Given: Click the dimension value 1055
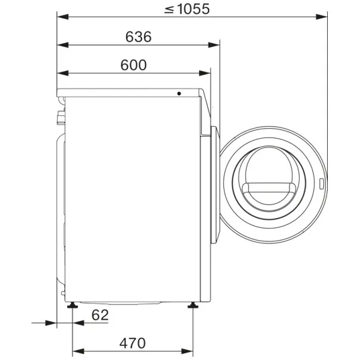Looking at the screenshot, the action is point(194,9).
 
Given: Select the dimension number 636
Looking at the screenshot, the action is point(139,37).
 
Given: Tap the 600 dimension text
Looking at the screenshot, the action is point(133,65).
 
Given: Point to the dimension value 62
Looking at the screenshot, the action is point(100,315).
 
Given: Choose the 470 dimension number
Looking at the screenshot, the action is point(133,343).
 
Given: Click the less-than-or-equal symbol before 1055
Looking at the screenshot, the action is point(169,9).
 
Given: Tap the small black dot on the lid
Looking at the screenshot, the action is point(179,93).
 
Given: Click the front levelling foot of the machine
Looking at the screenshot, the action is point(193,305).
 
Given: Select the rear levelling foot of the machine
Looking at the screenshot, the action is point(72,305).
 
